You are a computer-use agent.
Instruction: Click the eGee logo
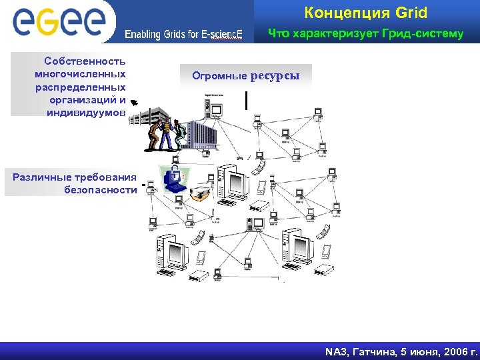[x=59, y=21]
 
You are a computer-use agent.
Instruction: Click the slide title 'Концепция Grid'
[x=365, y=13]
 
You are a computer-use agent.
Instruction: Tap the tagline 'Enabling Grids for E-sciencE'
[x=184, y=35]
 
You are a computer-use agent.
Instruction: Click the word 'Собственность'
[x=85, y=61]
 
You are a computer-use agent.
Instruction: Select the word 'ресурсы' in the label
[x=275, y=75]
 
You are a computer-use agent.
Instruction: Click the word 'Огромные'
[x=219, y=76]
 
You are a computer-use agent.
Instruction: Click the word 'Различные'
[x=39, y=177]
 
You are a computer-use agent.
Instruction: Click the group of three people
[x=164, y=135]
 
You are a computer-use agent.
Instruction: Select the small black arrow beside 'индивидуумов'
[x=134, y=102]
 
